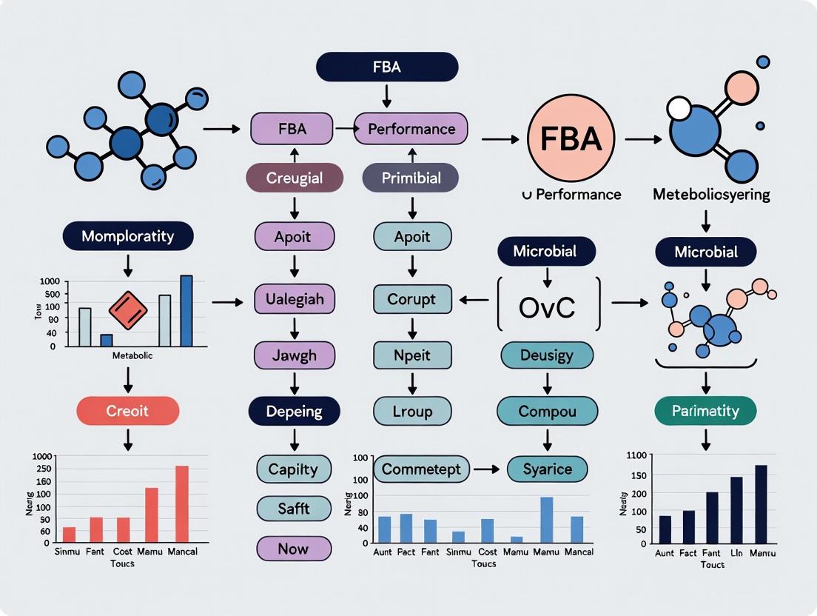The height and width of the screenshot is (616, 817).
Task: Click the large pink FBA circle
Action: pos(571,138)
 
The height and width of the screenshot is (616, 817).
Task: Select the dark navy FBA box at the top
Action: pos(387,67)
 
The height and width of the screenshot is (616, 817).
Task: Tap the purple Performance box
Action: pos(411,129)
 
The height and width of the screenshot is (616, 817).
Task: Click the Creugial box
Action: pos(295,178)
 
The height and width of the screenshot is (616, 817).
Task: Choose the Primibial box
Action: pos(411,178)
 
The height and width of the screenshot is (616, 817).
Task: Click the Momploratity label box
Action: pos(129,237)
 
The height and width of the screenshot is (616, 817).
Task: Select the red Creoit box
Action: pos(128,410)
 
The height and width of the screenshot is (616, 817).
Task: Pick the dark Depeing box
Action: pos(294,411)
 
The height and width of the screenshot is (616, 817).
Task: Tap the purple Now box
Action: pos(294,549)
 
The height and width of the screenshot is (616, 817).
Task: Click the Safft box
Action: pos(294,509)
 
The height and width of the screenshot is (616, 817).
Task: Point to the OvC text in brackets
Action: pos(547,307)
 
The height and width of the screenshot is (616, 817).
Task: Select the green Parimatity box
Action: pos(706,410)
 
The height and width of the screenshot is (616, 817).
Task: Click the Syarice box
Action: pos(548,469)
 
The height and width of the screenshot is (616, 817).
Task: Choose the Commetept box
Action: pos(421,469)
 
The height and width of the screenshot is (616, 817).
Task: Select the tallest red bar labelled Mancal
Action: pos(182,503)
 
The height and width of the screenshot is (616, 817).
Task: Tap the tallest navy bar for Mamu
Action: pos(761,504)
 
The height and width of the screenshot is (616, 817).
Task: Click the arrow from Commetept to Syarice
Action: pos(488,469)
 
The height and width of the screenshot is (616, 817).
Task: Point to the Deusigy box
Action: pos(547,355)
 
